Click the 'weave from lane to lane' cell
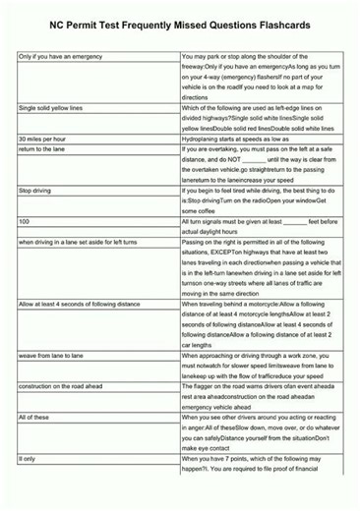(50, 354)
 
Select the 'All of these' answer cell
(34, 419)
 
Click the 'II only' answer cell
(27, 458)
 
